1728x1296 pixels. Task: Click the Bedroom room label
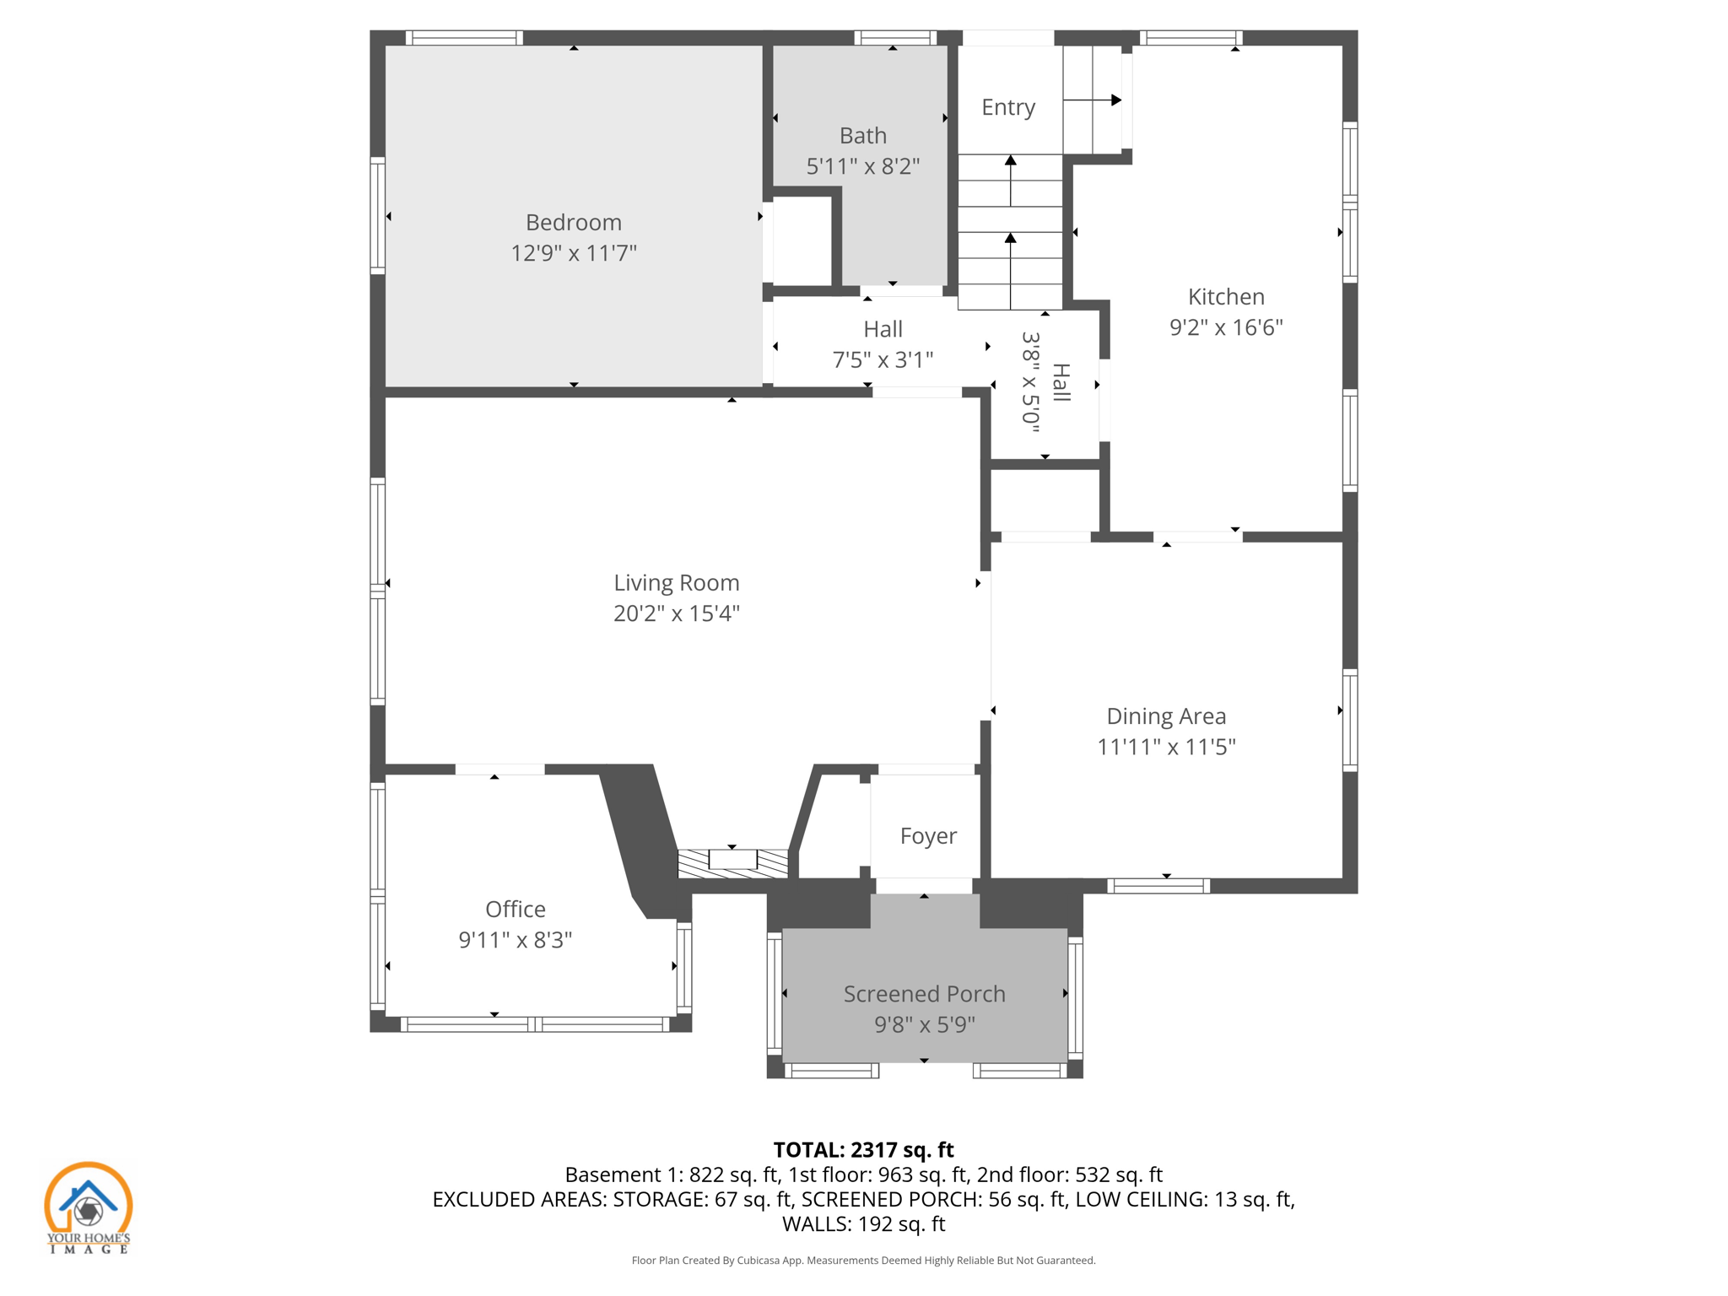[573, 222]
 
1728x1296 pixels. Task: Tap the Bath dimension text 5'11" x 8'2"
[862, 166]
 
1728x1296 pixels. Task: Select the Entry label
[1007, 107]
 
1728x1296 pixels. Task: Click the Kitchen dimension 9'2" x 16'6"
[1225, 327]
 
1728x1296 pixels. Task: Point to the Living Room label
[676, 582]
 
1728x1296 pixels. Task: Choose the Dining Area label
[1165, 715]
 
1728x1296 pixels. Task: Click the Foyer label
[927, 835]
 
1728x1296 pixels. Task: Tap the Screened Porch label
[924, 993]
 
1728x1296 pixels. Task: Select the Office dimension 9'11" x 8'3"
[515, 939]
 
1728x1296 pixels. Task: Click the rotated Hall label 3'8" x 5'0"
[1045, 382]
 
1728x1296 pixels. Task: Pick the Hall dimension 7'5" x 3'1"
[883, 359]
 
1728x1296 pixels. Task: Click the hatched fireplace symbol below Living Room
[732, 861]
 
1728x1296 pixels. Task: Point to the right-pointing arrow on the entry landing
[1115, 100]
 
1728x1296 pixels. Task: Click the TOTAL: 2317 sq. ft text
[862, 1149]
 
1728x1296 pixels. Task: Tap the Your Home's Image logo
[88, 1207]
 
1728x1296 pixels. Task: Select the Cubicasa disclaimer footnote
[862, 1260]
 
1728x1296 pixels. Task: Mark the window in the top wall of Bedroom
[463, 38]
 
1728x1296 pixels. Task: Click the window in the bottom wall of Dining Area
[1158, 885]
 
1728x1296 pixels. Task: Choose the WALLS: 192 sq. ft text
[862, 1223]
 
